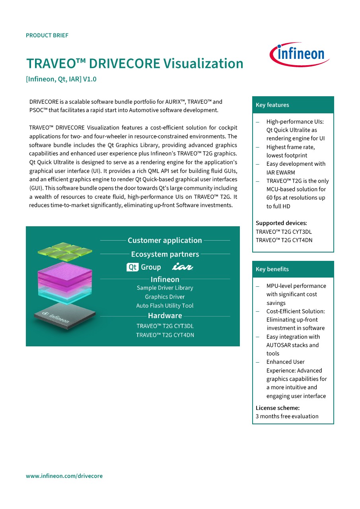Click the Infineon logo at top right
[300, 54]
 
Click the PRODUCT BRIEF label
[47, 35]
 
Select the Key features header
[272, 105]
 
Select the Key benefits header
[272, 269]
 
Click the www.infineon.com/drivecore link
[64, 476]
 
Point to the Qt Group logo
[144, 267]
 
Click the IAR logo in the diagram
[183, 267]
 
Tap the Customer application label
[165, 240]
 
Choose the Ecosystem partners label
[165, 254]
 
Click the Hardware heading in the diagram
[165, 316]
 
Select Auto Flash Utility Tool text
[165, 306]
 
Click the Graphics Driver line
[165, 297]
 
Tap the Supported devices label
[281, 223]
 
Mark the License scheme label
[278, 408]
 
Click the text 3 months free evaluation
[287, 416]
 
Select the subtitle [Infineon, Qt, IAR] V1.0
[61, 79]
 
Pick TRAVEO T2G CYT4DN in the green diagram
[165, 335]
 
